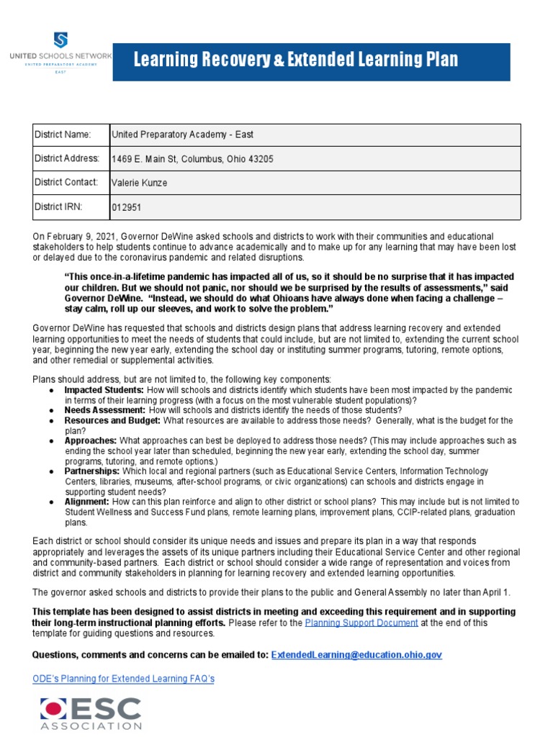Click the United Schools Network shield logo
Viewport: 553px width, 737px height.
[x=60, y=40]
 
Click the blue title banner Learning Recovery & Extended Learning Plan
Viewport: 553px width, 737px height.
[x=295, y=60]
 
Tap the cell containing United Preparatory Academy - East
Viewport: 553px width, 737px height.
[x=181, y=135]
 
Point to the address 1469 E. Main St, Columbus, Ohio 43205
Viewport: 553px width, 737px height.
[x=192, y=159]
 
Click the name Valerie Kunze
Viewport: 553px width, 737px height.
[x=139, y=183]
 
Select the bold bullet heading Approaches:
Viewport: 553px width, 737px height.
[x=91, y=440]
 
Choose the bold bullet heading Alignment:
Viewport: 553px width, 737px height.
[x=87, y=501]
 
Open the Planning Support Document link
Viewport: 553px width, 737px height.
[x=361, y=623]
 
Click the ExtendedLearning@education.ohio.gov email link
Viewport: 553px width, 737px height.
[x=356, y=654]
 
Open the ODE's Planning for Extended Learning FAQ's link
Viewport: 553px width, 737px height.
[x=124, y=679]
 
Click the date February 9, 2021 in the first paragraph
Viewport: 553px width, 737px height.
[x=81, y=236]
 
